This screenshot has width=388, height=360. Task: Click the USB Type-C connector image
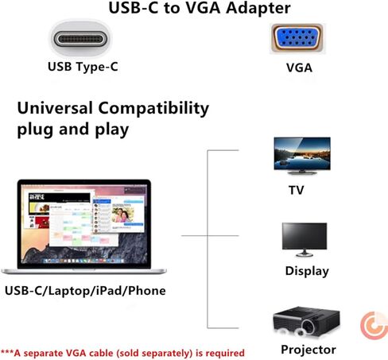pyautogui.click(x=80, y=39)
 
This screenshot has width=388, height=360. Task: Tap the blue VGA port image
pyautogui.click(x=297, y=38)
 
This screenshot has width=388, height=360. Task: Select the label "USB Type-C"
pyautogui.click(x=83, y=67)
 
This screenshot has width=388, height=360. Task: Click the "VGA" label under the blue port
pyautogui.click(x=299, y=68)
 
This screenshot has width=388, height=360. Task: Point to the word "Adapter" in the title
pyautogui.click(x=258, y=8)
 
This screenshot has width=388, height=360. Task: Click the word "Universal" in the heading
pyautogui.click(x=55, y=108)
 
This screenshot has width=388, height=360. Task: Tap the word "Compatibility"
pyautogui.click(x=153, y=109)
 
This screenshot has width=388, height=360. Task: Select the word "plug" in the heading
pyautogui.click(x=35, y=130)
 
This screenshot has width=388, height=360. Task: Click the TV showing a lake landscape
pyautogui.click(x=302, y=156)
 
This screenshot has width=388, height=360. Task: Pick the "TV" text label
pyautogui.click(x=297, y=190)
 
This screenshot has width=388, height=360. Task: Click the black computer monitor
pyautogui.click(x=305, y=239)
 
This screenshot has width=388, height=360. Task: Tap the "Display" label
pyautogui.click(x=307, y=271)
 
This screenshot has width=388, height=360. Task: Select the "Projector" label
pyautogui.click(x=308, y=350)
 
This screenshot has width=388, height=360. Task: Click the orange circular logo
pyautogui.click(x=374, y=326)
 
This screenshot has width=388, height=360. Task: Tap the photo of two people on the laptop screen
pyautogui.click(x=122, y=215)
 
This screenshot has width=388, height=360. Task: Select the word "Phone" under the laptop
pyautogui.click(x=147, y=291)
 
